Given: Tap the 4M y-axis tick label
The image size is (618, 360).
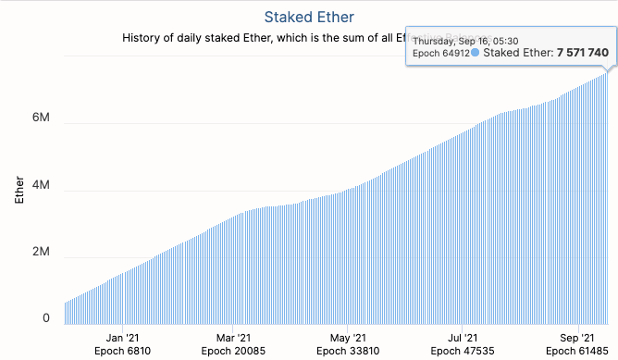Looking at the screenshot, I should (40, 191).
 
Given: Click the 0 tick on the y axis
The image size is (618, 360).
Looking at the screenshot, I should (45, 318).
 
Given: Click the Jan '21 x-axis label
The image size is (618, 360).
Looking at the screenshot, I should (121, 338).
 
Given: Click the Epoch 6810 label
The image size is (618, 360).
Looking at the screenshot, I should (121, 352).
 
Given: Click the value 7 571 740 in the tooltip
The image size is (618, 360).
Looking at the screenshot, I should (583, 53).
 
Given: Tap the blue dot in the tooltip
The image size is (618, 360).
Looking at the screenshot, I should (476, 53).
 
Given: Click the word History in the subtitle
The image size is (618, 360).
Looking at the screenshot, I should (144, 38).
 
